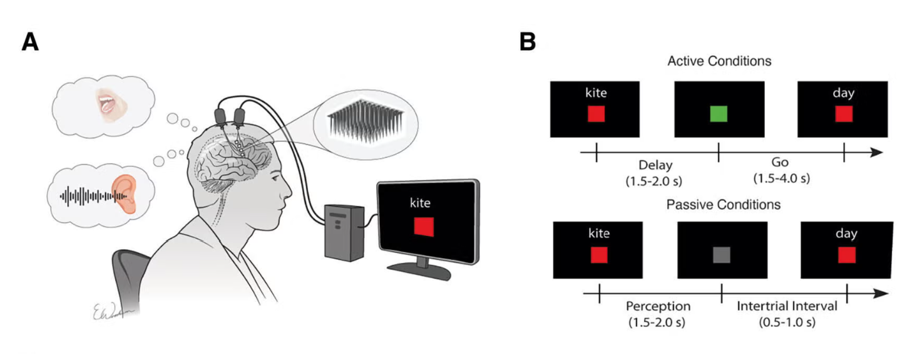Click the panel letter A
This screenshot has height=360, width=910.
pos(29,42)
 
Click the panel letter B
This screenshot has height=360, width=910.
pos(528,42)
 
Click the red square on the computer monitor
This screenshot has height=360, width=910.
pos(424,225)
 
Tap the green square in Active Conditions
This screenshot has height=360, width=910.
pos(718,113)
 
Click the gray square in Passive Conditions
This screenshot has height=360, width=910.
pos(722,255)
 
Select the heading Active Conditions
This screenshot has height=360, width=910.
pos(719,61)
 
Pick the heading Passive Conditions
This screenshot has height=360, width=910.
pos(723,205)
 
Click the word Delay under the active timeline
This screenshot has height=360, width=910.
pos(655,166)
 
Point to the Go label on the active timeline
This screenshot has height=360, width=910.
pos(781,163)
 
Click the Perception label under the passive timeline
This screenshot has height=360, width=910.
pos(657,307)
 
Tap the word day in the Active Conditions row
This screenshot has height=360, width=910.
pos(844,94)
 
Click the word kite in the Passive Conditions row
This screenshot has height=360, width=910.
pos(599,234)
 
